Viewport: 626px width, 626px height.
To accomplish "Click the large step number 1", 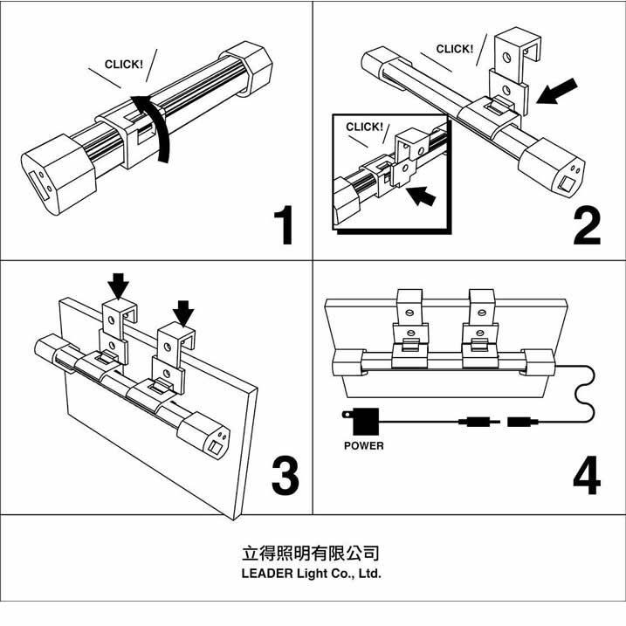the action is click(284, 224).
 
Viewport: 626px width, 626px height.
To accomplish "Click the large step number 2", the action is click(587, 226).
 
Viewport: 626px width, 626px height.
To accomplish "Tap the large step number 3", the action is click(285, 476).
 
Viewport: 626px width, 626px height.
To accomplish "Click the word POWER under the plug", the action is click(364, 445).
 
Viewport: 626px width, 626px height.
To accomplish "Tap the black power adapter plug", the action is click(361, 421).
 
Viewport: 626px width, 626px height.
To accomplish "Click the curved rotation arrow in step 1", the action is click(155, 127).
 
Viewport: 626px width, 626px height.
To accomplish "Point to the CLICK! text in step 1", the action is click(124, 65).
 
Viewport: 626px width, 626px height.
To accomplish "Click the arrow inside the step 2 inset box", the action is click(421, 196).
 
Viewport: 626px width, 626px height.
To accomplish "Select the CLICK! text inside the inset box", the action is click(364, 127).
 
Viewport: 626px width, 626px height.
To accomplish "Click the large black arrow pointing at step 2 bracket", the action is click(557, 92).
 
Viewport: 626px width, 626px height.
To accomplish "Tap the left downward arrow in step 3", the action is click(118, 285).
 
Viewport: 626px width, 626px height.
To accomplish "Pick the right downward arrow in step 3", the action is click(183, 313).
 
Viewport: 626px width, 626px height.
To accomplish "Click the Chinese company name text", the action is click(311, 553).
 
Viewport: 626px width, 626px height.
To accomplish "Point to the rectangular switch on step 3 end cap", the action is click(215, 447).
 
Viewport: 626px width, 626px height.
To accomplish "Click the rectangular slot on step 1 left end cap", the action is click(39, 186).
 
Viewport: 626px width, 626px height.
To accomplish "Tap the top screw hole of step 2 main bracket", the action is click(506, 58).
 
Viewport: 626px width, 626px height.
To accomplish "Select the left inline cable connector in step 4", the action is click(478, 422).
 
